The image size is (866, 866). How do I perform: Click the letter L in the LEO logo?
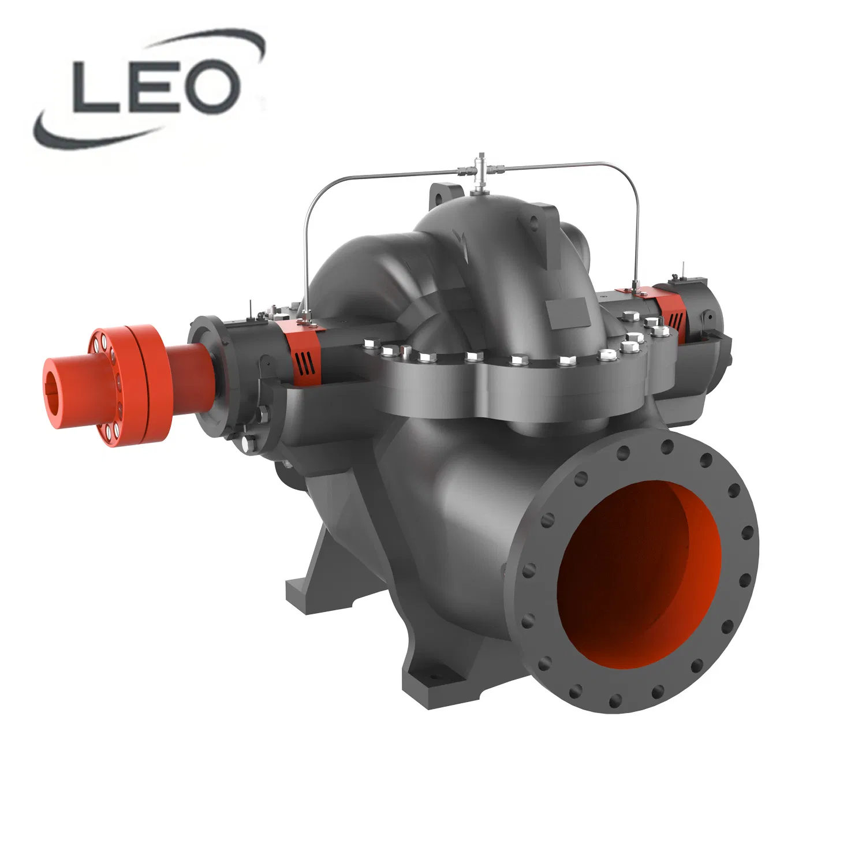95,87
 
